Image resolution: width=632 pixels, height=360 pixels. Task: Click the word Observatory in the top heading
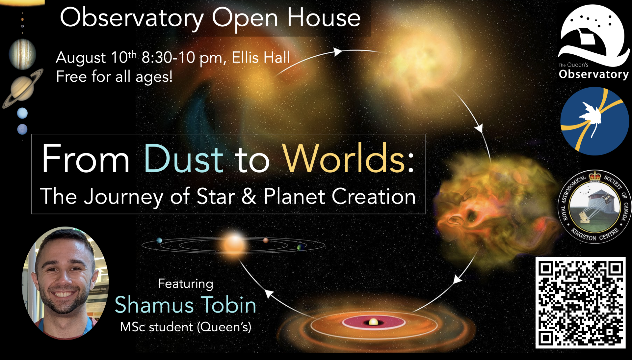tap(132, 19)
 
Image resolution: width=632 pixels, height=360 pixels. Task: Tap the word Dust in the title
tap(184, 159)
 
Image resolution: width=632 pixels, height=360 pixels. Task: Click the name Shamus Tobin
tap(186, 305)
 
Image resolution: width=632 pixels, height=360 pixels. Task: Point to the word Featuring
tap(186, 284)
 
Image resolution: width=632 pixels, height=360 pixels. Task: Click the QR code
tap(580, 302)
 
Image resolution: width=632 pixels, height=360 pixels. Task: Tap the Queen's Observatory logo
tap(593, 42)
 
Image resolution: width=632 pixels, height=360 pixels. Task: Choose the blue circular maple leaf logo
tap(594, 121)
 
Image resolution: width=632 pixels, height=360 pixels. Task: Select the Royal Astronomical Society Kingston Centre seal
tap(594, 207)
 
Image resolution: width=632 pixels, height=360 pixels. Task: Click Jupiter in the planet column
tap(22, 54)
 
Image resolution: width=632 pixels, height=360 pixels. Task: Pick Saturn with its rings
tap(23, 88)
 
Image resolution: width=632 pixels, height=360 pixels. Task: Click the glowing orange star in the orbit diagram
tap(234, 245)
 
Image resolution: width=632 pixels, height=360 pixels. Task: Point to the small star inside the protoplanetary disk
tap(373, 322)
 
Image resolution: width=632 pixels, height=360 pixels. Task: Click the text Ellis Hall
tap(261, 58)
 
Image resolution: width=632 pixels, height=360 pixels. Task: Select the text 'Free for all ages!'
tap(114, 77)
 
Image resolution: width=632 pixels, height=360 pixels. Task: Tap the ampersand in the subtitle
tap(249, 196)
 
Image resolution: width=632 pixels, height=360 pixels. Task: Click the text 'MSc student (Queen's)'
tap(186, 327)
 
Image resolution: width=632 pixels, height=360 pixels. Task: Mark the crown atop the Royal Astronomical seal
tap(595, 176)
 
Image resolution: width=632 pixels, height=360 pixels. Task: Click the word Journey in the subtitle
tap(124, 197)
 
